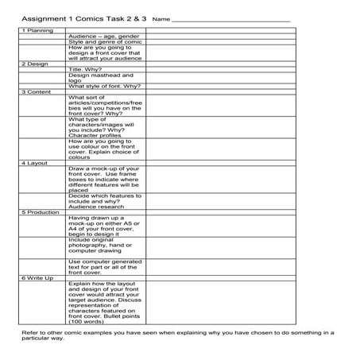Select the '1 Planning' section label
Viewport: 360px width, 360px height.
click(37, 30)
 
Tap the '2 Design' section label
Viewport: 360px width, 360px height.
click(35, 64)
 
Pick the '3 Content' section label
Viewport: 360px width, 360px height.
click(36, 91)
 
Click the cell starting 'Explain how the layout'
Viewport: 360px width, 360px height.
click(105, 300)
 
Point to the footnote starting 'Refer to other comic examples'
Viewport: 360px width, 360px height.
click(180, 337)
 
